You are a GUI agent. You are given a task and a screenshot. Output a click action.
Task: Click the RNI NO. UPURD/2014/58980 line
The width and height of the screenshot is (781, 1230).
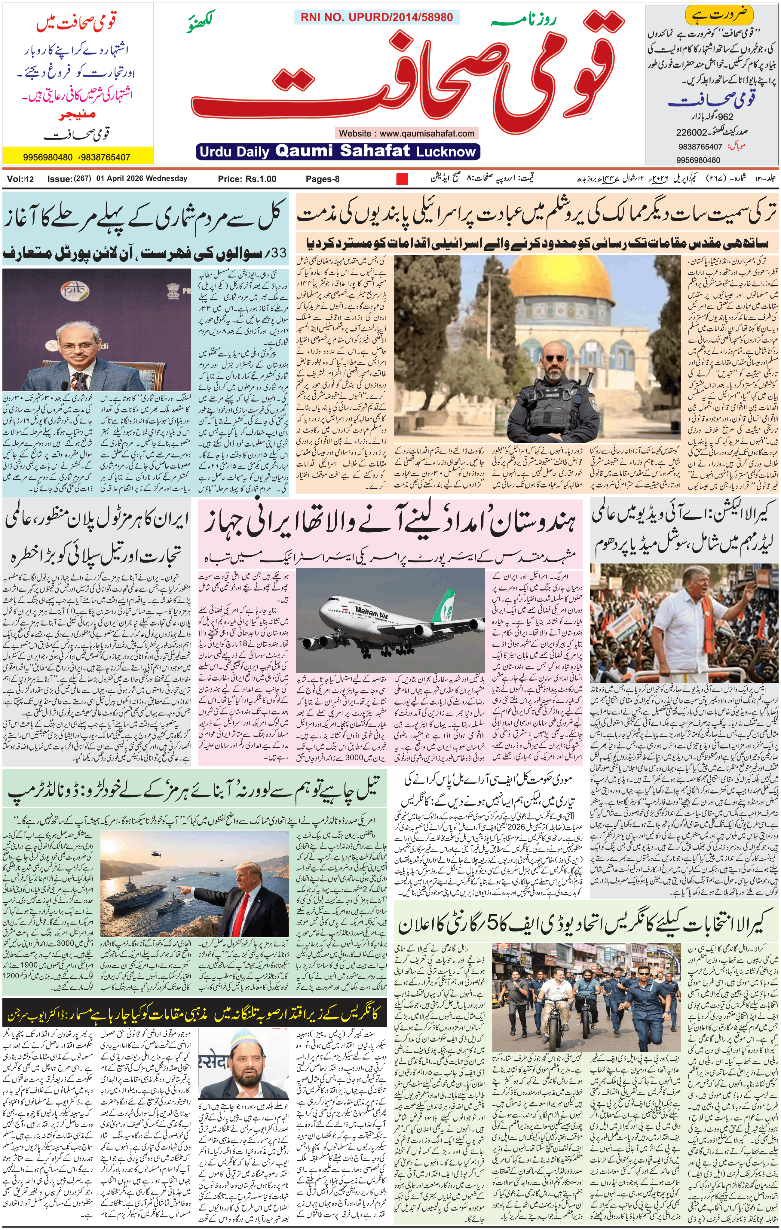(376, 17)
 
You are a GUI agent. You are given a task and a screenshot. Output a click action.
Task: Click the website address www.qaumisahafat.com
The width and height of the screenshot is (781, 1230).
(406, 133)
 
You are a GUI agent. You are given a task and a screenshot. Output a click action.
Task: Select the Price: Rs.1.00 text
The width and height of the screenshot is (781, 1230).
(247, 179)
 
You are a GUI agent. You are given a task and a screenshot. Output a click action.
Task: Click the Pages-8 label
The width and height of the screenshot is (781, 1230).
(323, 179)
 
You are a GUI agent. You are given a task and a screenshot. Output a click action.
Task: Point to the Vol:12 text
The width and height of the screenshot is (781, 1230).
(20, 179)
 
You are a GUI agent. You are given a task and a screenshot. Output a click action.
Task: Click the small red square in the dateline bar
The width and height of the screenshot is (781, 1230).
(402, 179)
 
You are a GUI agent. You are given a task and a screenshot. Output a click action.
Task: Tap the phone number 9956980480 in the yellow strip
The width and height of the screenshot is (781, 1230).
(47, 157)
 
